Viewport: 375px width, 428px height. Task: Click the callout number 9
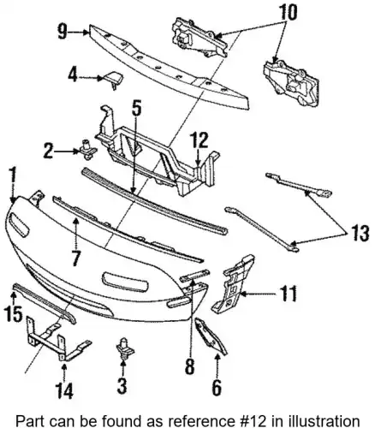tap(62, 32)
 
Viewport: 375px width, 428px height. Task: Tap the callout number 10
tap(288, 12)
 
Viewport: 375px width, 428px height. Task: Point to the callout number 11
tap(288, 293)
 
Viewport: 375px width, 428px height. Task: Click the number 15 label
tap(13, 314)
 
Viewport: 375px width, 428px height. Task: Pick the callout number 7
tap(75, 259)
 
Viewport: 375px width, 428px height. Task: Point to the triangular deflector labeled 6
tap(211, 336)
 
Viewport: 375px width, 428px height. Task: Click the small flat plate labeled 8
tap(194, 275)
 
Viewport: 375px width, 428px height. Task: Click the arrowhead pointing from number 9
tap(86, 33)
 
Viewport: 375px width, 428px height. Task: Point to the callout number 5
tap(137, 109)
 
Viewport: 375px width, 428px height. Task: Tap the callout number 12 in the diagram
tap(200, 140)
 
